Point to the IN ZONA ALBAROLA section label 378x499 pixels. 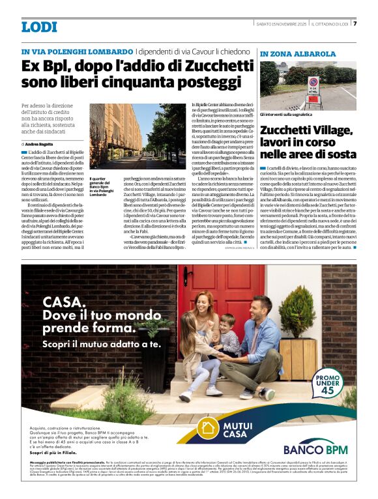[298, 53]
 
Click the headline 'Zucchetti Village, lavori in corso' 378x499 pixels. [308, 142]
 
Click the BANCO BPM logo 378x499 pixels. [315, 449]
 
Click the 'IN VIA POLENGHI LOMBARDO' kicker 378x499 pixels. [77, 51]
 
